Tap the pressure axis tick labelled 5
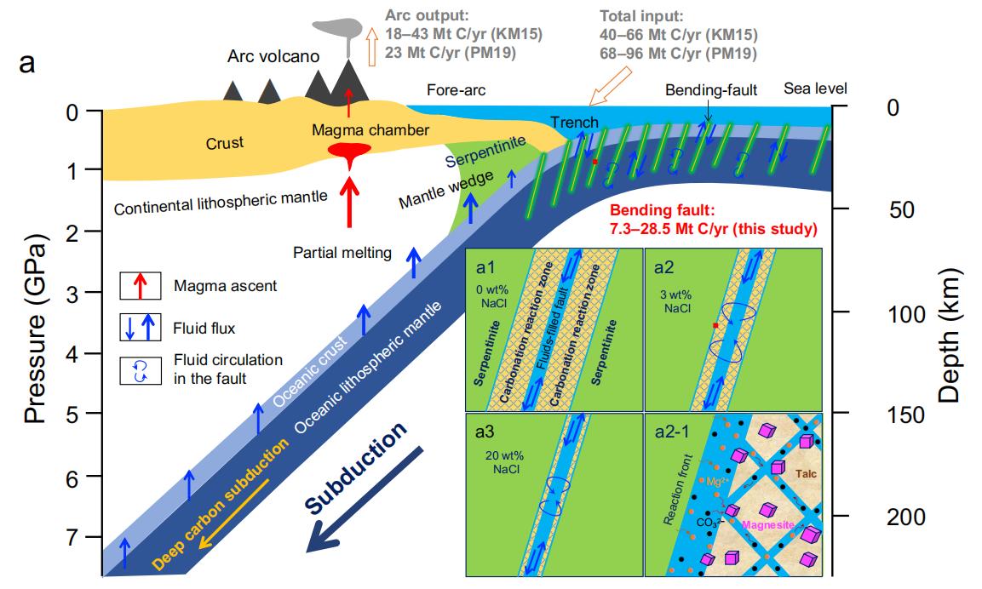[x=73, y=414]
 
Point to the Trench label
[x=574, y=122]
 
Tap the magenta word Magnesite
[x=768, y=525]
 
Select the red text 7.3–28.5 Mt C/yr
[x=714, y=228]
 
